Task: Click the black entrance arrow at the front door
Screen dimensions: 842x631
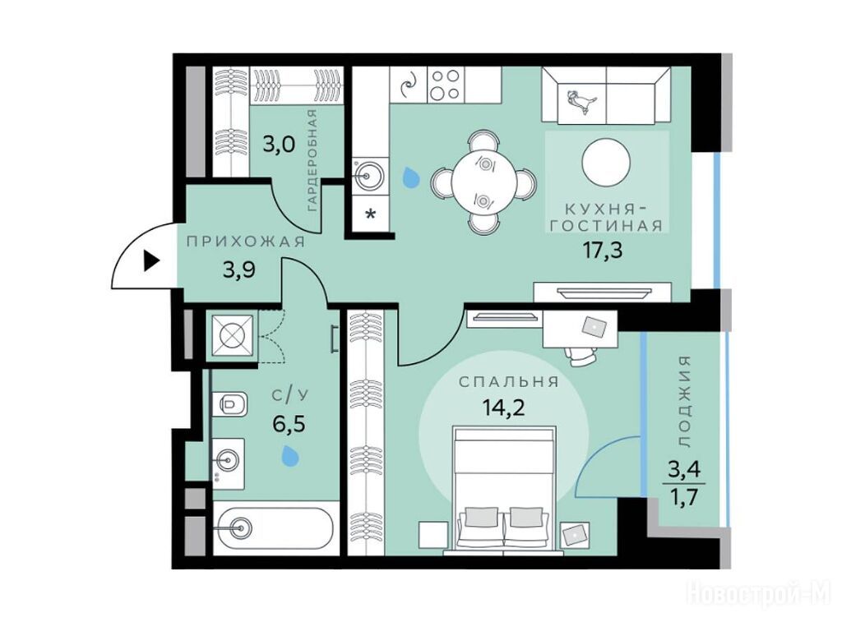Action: click(x=151, y=261)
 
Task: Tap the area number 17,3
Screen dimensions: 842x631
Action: click(x=603, y=250)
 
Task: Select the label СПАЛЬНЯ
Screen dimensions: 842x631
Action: click(x=508, y=382)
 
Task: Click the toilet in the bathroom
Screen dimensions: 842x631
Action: click(x=229, y=403)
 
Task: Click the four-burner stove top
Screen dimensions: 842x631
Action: click(x=446, y=85)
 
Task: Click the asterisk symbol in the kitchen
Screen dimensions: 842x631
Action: click(x=371, y=214)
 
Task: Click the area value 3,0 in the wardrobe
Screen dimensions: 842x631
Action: click(x=278, y=145)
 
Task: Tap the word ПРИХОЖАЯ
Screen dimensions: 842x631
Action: click(x=246, y=242)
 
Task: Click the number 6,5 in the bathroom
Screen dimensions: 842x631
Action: click(x=289, y=424)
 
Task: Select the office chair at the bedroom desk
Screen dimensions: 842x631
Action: click(x=580, y=355)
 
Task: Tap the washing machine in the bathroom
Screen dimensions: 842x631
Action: click(x=232, y=335)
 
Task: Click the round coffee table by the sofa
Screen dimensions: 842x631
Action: click(x=606, y=162)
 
